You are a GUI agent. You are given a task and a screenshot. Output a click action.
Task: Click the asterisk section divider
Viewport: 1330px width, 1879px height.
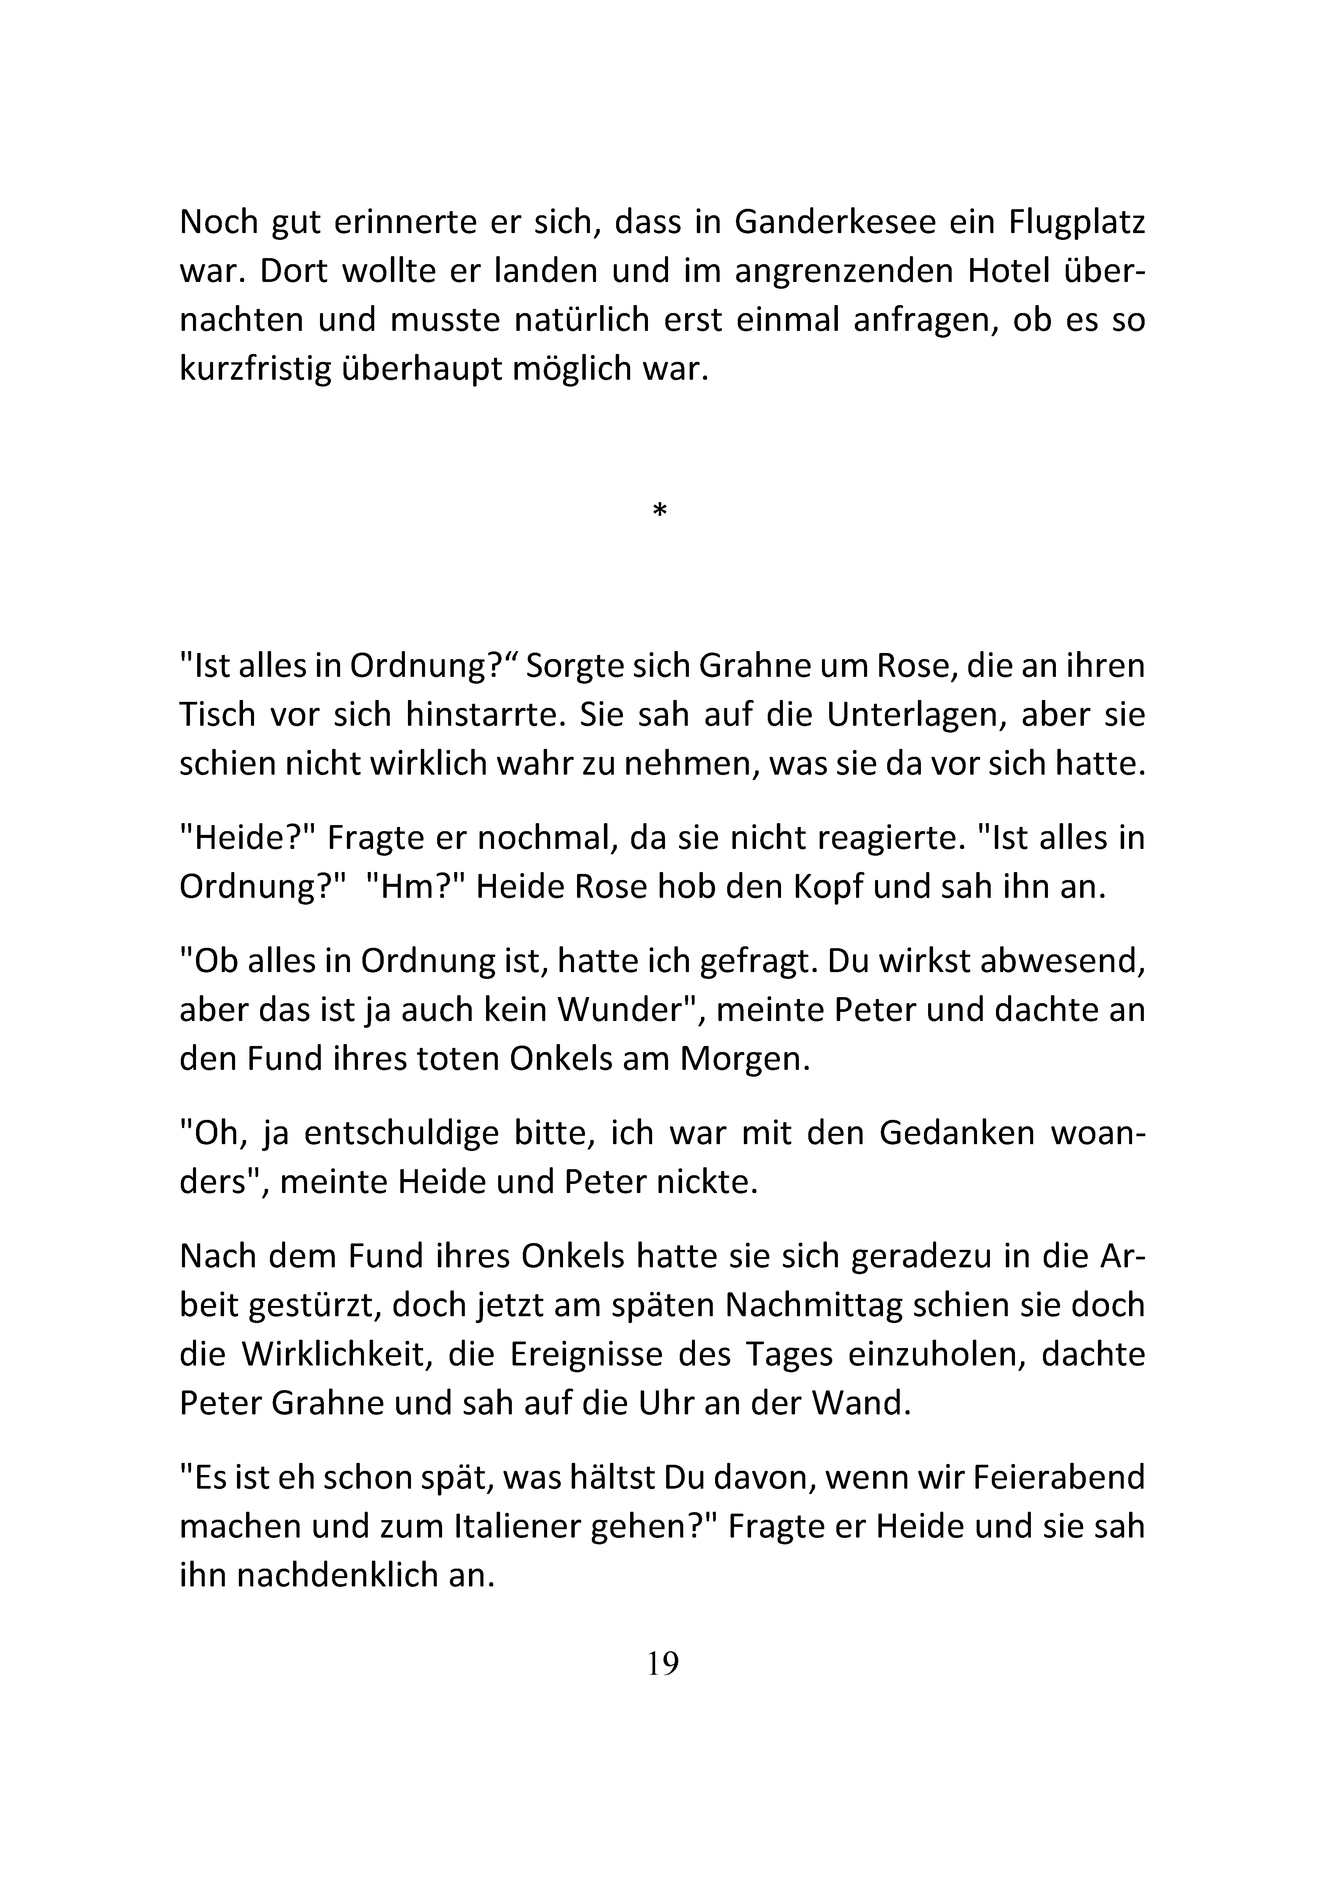click(660, 512)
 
